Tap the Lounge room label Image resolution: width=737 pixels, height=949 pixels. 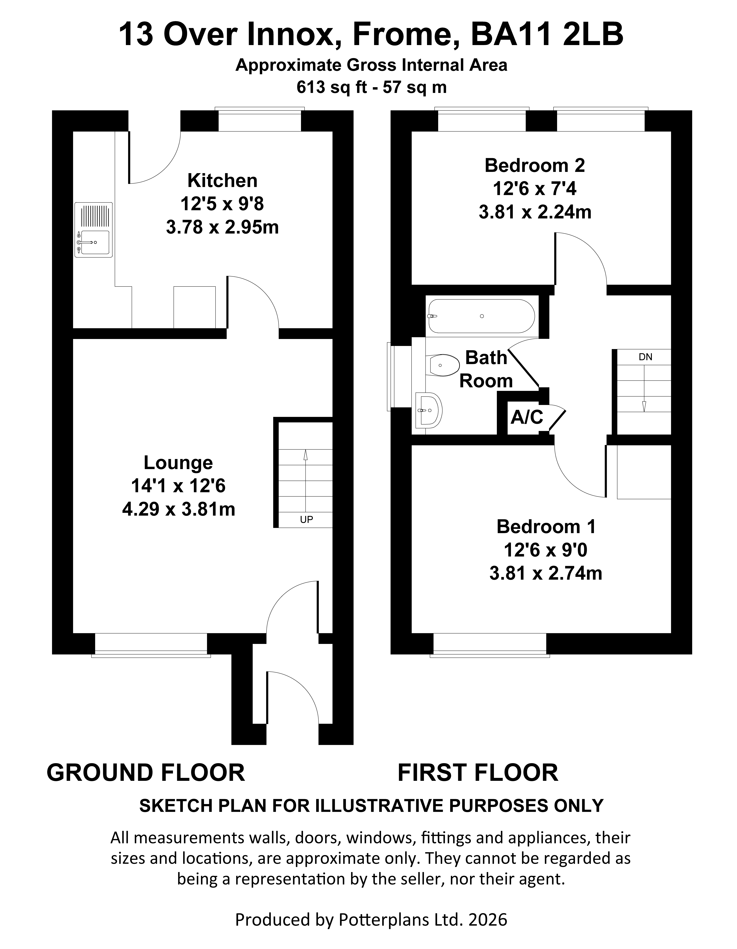178,463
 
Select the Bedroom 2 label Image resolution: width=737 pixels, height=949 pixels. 535,166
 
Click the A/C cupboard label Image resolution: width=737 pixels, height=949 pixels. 527,417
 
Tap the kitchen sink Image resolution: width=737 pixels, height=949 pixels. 93,229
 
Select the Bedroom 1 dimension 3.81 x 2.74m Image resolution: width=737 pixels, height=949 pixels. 546,574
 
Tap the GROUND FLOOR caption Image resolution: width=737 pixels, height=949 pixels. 146,773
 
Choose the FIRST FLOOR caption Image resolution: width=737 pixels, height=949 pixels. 478,773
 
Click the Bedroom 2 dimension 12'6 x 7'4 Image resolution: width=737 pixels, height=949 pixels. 535,189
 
